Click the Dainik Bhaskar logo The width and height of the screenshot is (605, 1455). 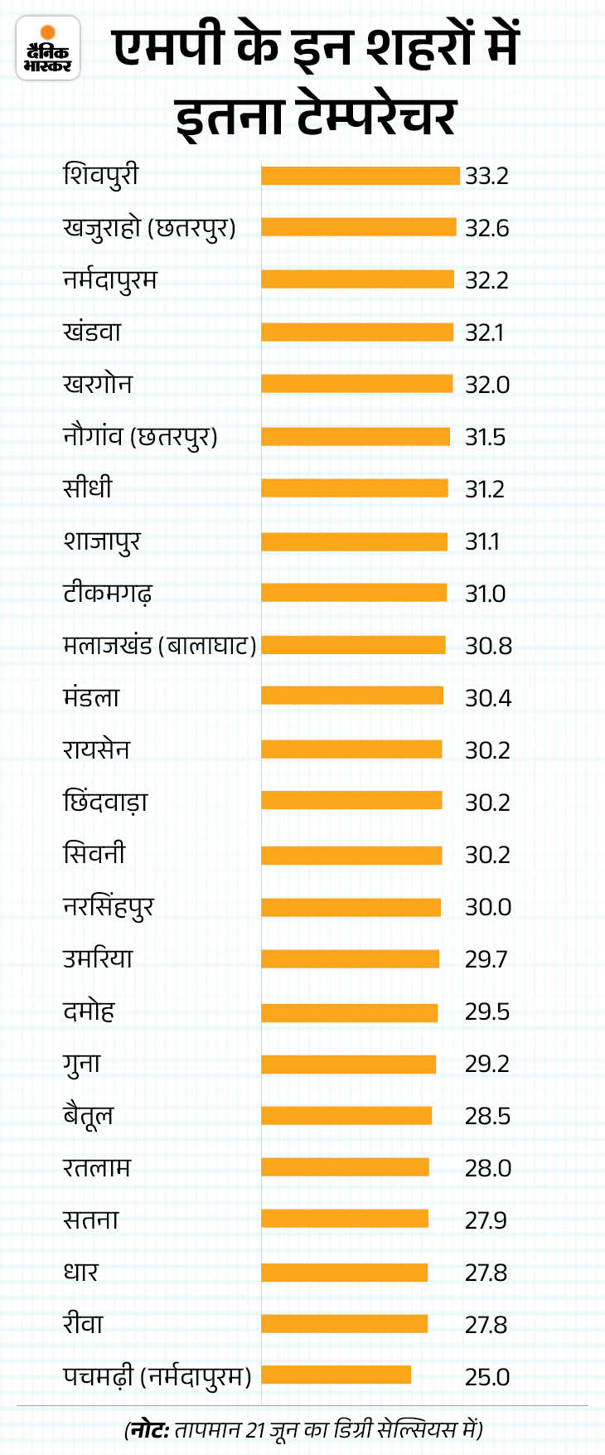(48, 49)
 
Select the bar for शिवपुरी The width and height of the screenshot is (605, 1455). (361, 176)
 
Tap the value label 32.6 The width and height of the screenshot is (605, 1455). (486, 228)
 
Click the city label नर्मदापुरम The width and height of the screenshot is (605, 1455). (109, 280)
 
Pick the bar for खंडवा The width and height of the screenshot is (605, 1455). (357, 332)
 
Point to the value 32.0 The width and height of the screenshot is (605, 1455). (486, 385)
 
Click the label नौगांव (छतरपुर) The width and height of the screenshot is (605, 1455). (140, 437)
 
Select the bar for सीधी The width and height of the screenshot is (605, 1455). (355, 489)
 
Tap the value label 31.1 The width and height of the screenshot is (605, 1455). (482, 541)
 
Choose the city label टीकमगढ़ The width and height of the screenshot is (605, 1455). (108, 594)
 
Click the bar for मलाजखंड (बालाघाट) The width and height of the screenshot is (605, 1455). (353, 645)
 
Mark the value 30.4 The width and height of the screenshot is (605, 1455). (487, 698)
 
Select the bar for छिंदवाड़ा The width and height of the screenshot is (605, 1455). (351, 802)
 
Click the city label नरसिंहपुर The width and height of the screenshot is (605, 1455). (108, 907)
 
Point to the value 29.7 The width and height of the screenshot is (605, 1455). (486, 959)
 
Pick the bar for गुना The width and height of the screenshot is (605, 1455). (348, 1064)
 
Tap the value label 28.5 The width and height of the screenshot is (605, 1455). (486, 1116)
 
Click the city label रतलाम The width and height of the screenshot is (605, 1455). (97, 1168)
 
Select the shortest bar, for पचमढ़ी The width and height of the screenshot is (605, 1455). (336, 1375)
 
